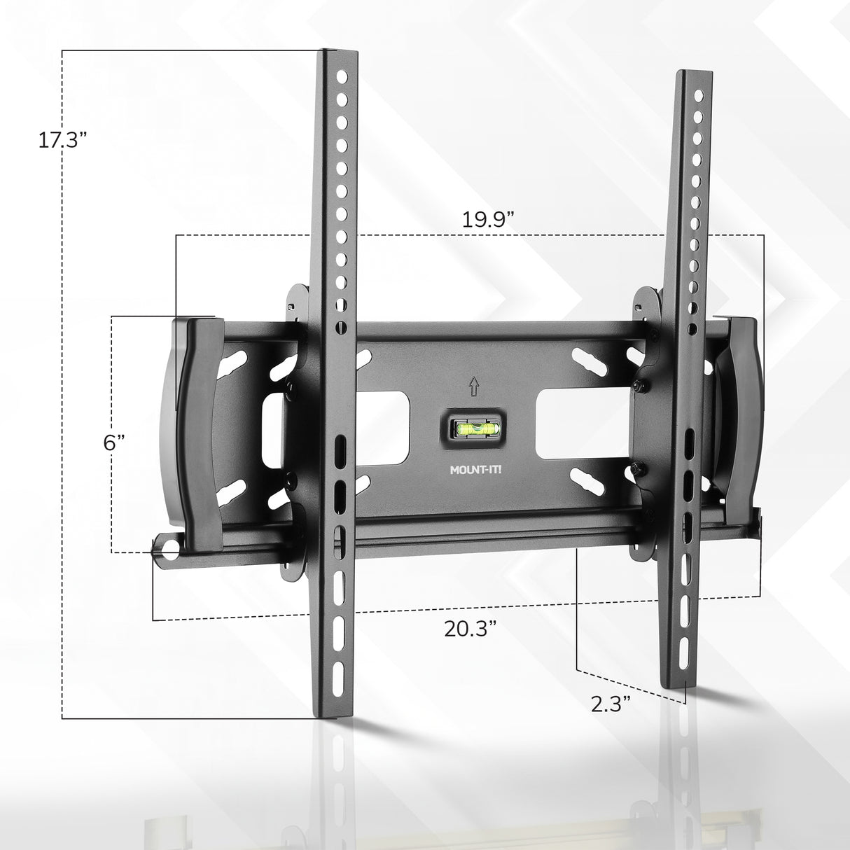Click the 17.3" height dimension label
pyautogui.click(x=62, y=139)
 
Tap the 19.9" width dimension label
pyautogui.click(x=488, y=219)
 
